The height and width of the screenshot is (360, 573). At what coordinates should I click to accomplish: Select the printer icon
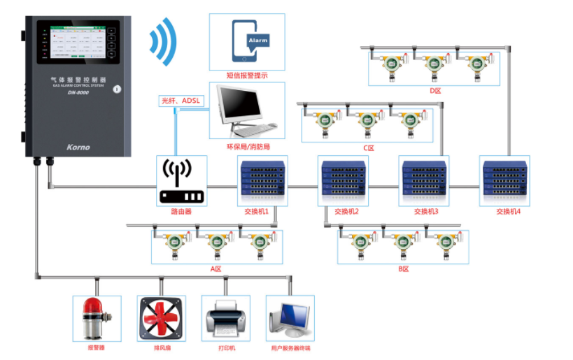coord(225,319)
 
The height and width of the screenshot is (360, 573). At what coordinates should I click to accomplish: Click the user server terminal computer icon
coord(289,319)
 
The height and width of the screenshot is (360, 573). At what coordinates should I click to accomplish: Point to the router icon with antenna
coord(181,182)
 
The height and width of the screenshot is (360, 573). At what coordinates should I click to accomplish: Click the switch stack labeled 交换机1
coord(262,179)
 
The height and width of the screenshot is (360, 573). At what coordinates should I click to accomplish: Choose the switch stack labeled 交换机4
coord(504,179)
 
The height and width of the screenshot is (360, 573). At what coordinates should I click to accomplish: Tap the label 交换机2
coord(346,211)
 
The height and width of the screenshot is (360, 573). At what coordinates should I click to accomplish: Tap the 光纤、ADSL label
coord(181,101)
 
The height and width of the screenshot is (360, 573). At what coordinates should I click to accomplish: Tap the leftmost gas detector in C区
coord(323,121)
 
